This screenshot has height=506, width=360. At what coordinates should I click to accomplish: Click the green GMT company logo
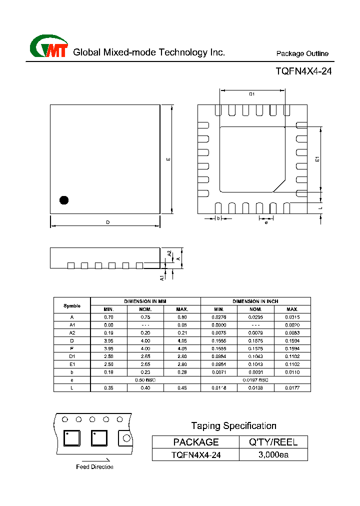[48, 47]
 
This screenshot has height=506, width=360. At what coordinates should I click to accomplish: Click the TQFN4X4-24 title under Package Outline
[303, 71]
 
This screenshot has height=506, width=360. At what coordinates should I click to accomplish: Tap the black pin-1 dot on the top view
[64, 200]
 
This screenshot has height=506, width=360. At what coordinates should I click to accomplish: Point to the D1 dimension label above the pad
[252, 94]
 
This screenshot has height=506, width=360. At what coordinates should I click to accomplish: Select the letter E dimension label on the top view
[168, 159]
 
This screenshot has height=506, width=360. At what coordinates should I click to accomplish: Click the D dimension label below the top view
[107, 222]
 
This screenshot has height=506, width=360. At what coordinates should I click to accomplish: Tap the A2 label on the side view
[169, 254]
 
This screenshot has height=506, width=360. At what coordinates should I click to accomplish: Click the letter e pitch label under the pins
[266, 222]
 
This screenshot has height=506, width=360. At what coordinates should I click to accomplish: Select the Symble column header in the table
[72, 305]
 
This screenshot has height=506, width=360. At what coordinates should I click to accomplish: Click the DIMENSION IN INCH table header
[255, 301]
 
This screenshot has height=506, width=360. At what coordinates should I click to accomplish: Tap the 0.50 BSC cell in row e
[145, 380]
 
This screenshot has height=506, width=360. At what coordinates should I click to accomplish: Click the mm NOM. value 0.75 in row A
[145, 317]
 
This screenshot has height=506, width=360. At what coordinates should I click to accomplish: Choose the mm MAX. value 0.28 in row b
[182, 372]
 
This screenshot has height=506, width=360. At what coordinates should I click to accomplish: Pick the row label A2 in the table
[72, 332]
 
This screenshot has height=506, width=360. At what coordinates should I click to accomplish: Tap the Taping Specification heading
[233, 426]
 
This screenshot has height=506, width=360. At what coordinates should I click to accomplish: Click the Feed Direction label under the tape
[94, 467]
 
